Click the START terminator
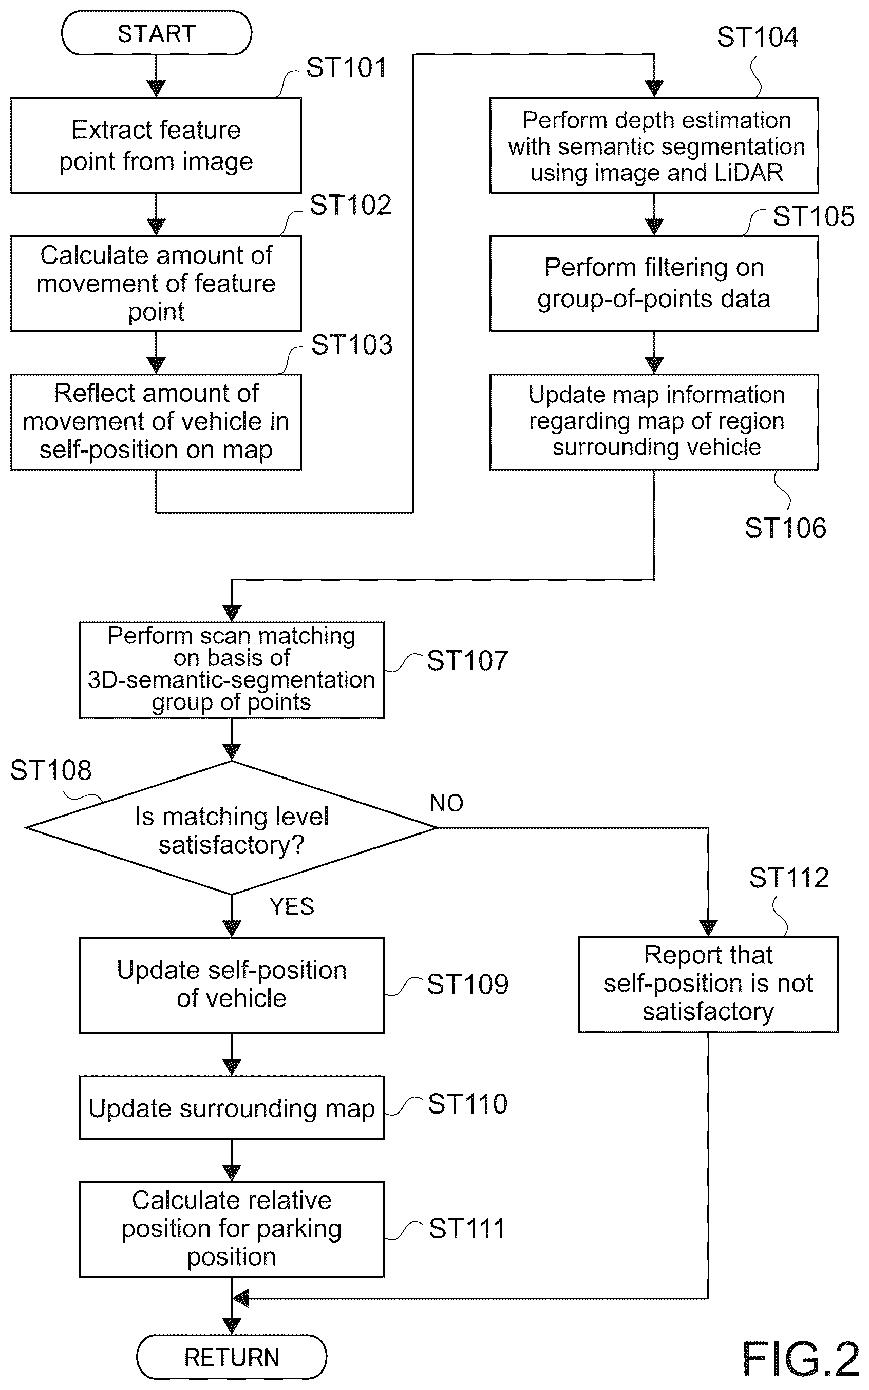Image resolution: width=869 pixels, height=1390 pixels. (156, 33)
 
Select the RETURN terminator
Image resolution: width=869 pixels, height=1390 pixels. (232, 1356)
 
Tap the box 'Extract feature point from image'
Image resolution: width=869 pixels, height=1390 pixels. (156, 145)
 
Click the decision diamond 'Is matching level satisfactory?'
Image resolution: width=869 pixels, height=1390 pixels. (232, 828)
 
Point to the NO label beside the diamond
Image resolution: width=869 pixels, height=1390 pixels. (447, 803)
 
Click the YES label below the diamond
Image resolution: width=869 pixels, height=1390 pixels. (291, 906)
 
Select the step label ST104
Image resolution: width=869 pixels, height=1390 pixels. (758, 37)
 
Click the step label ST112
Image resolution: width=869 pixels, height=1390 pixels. (788, 878)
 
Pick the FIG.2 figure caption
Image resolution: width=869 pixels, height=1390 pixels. (801, 1359)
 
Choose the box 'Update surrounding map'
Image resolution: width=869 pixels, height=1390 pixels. (232, 1108)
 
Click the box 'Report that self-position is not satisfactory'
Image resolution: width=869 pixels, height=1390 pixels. (708, 985)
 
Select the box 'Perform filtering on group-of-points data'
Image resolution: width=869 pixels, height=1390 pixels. (654, 284)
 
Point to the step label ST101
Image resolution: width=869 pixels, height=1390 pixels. (347, 67)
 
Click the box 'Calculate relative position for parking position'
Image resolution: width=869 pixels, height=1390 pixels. (232, 1230)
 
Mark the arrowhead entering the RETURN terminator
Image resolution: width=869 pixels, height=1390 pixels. (232, 1327)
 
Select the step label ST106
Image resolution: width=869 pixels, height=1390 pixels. (785, 528)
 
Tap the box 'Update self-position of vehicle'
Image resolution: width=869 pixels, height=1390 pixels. (232, 985)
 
